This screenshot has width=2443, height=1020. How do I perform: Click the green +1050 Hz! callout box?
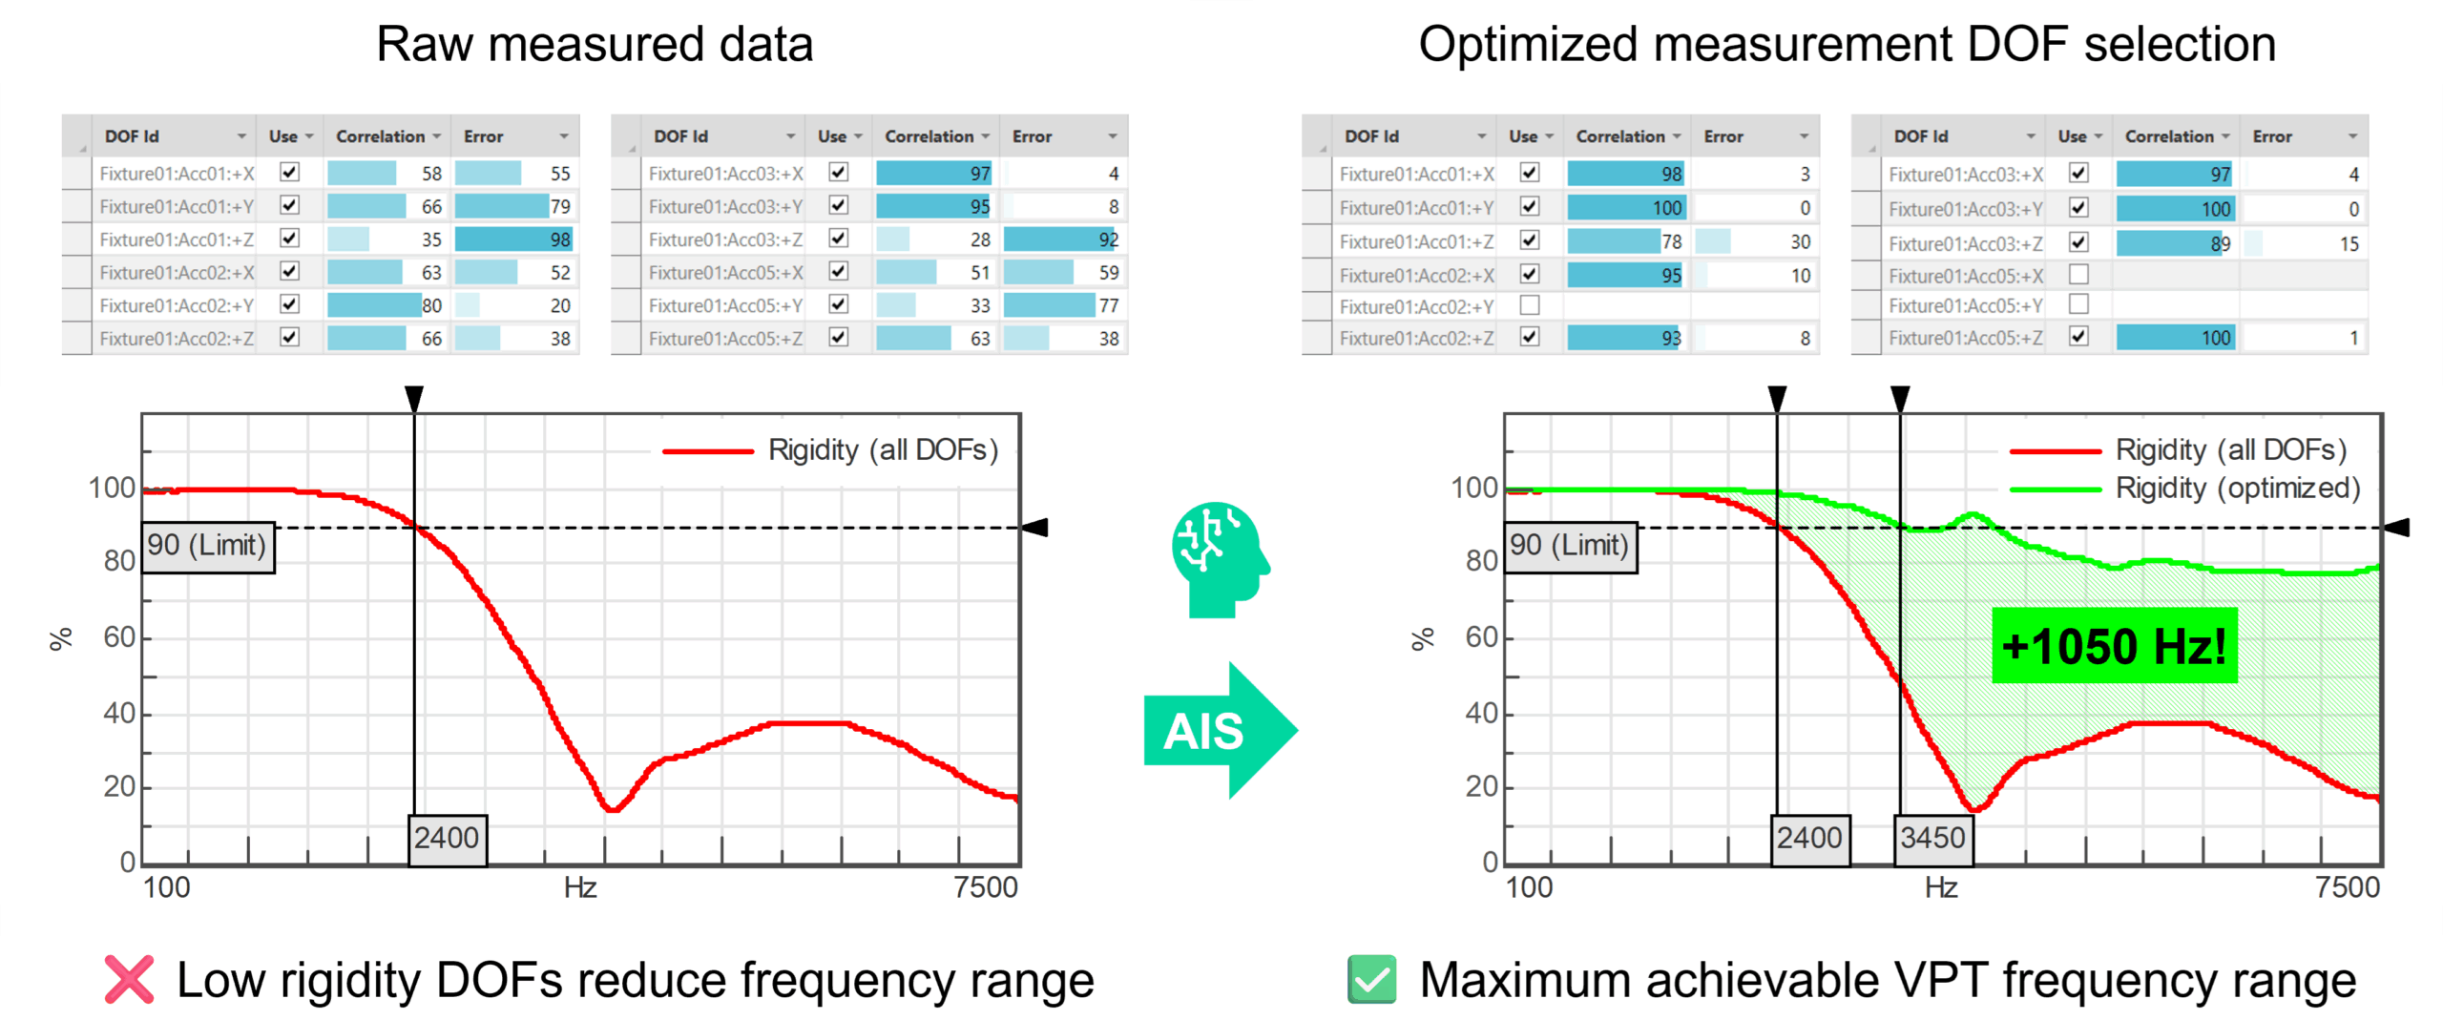coord(2113,645)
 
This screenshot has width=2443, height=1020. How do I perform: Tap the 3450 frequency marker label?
coord(1931,838)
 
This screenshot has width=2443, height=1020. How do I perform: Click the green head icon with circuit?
coord(1219,558)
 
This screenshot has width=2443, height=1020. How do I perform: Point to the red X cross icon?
coord(129,979)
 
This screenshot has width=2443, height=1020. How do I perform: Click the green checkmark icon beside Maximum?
coord(1371,979)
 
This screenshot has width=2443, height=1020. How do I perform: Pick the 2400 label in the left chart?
coord(447,838)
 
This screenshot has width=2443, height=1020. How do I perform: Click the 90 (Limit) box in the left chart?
coord(207,546)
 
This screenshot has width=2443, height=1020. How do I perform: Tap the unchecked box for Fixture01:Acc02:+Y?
coord(1529,305)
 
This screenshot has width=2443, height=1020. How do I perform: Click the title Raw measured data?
coord(594,45)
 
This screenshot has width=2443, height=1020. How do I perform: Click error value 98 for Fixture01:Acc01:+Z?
coord(559,239)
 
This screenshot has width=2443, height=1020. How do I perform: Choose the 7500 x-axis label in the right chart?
coord(2347,887)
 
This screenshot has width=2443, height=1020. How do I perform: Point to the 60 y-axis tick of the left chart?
coord(119,636)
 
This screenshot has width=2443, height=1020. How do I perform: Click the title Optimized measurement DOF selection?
coord(1846,45)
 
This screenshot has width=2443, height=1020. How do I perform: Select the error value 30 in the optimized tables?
coord(1800,242)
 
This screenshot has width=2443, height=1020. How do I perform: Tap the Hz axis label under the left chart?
coord(579,887)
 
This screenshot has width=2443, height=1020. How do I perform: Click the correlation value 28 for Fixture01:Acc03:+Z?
coord(980,239)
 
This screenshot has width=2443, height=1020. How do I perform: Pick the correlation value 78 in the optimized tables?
coord(1671,242)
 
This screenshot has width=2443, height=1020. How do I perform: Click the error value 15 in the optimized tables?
coord(2349,244)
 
